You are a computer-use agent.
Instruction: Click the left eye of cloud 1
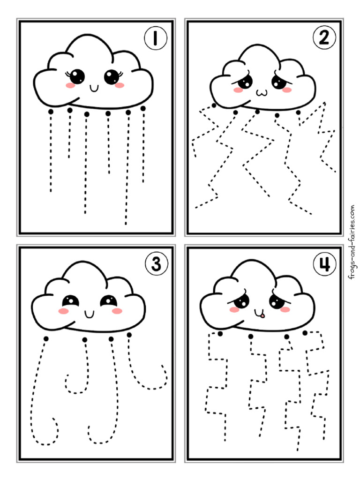click(77, 76)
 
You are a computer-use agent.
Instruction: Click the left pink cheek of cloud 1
click(69, 85)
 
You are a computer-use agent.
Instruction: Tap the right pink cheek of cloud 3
click(117, 311)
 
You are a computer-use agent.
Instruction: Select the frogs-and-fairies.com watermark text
click(351, 242)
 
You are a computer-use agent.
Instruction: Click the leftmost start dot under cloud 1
click(51, 111)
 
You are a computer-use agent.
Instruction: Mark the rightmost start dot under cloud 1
click(143, 109)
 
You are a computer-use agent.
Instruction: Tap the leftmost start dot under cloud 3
click(45, 338)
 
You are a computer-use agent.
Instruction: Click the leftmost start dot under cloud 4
click(219, 333)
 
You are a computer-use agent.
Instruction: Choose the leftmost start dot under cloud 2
click(214, 106)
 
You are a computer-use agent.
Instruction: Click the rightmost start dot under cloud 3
click(129, 335)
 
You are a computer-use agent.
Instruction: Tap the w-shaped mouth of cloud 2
click(260, 93)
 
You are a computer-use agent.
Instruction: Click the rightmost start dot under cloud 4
click(305, 333)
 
